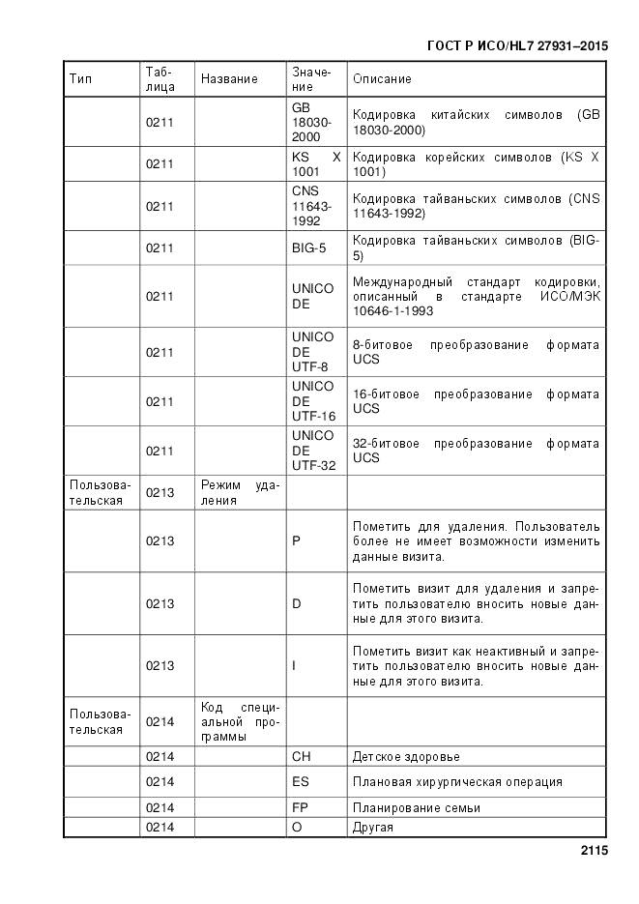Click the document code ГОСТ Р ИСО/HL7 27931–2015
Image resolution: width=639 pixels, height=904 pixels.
click(x=517, y=45)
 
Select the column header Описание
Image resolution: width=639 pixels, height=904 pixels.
click(x=382, y=79)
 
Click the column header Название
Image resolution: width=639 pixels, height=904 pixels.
click(x=229, y=79)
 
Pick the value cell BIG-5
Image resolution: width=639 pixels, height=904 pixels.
click(x=309, y=248)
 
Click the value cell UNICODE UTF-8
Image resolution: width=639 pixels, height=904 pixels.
click(x=312, y=352)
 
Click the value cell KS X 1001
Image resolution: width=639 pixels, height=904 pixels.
click(x=316, y=164)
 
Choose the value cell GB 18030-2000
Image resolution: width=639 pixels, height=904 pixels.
click(x=311, y=122)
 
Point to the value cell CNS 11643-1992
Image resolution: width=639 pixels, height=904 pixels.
click(x=311, y=206)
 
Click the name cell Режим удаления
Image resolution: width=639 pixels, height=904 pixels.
click(x=240, y=492)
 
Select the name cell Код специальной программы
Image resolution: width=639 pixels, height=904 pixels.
click(x=240, y=721)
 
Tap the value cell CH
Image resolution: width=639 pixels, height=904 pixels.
click(x=301, y=757)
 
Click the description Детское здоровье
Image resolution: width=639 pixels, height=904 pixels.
click(x=406, y=757)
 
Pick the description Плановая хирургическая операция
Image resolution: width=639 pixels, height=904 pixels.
click(x=457, y=782)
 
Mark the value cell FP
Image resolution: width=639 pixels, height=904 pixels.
click(x=300, y=807)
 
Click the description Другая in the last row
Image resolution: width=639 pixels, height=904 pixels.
click(x=373, y=828)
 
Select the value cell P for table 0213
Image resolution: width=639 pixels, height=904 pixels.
click(x=296, y=541)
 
